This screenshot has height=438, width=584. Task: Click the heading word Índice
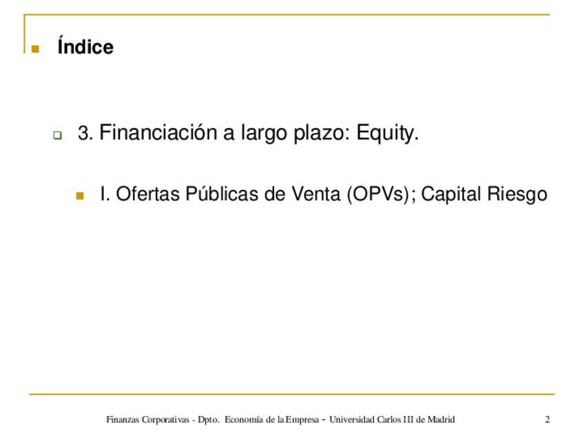(x=85, y=46)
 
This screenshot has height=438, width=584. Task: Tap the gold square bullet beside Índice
(x=35, y=49)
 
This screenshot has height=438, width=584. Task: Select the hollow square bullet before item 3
(x=57, y=135)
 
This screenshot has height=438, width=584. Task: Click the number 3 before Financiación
(x=85, y=133)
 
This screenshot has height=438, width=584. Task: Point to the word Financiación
(x=158, y=132)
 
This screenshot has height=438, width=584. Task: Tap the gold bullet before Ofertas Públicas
(x=80, y=196)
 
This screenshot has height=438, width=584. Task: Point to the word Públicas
(x=222, y=194)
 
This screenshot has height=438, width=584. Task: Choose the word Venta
(x=316, y=194)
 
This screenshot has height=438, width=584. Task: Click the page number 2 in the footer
(x=547, y=419)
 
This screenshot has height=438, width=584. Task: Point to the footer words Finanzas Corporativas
(x=148, y=420)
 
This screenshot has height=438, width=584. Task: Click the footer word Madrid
(x=441, y=419)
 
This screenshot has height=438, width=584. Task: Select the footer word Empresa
(x=302, y=420)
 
